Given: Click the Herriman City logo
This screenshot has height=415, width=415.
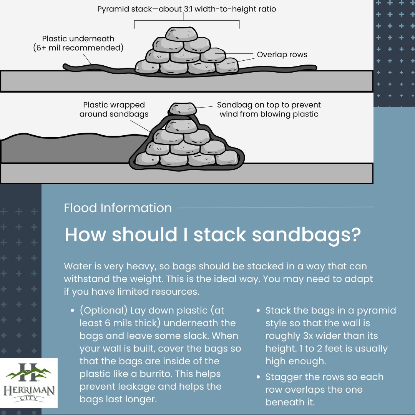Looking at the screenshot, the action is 28,383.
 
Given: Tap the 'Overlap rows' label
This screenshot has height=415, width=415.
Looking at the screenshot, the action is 282,55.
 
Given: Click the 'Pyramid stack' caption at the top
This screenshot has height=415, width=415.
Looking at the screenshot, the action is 187,9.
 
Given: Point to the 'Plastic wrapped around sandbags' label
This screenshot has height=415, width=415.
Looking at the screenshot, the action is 114,109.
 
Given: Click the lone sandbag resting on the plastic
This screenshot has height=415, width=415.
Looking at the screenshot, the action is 183,109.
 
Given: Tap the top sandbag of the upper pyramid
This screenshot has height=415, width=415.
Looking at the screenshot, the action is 181,34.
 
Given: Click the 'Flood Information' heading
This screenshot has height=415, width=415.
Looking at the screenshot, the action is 118,208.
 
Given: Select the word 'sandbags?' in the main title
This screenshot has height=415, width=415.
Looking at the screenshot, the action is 306,235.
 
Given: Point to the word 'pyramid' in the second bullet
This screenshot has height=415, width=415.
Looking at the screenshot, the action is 376,311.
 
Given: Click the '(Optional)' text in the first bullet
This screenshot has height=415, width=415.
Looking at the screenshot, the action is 104,311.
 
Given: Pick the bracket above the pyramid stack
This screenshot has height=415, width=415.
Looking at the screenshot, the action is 187,20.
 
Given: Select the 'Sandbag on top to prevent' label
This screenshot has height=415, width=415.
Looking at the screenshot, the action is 269,105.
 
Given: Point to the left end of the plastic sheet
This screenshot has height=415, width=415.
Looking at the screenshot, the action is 64,66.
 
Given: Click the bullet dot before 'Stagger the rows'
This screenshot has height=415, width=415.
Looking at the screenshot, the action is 258,377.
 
